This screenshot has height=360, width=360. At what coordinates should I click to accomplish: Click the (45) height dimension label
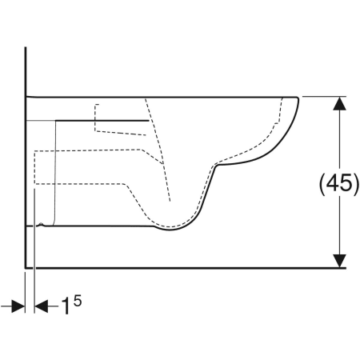point(339,184)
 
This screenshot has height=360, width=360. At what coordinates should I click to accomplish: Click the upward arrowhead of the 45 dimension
point(339,103)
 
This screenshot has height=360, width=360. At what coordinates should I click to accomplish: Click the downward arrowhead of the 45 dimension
point(339,261)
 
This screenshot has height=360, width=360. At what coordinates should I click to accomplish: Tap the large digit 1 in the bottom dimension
point(66,306)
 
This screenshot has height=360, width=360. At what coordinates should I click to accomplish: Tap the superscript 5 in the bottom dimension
point(78,301)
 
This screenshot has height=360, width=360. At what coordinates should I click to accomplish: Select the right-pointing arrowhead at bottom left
point(18,306)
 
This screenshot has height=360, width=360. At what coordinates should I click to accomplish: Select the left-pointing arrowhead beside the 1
point(42,306)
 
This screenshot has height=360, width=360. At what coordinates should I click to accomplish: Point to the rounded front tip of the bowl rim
point(298,98)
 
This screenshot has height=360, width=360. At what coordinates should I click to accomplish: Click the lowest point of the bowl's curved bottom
point(170,230)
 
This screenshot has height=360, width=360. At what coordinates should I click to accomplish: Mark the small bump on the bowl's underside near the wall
point(41,224)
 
